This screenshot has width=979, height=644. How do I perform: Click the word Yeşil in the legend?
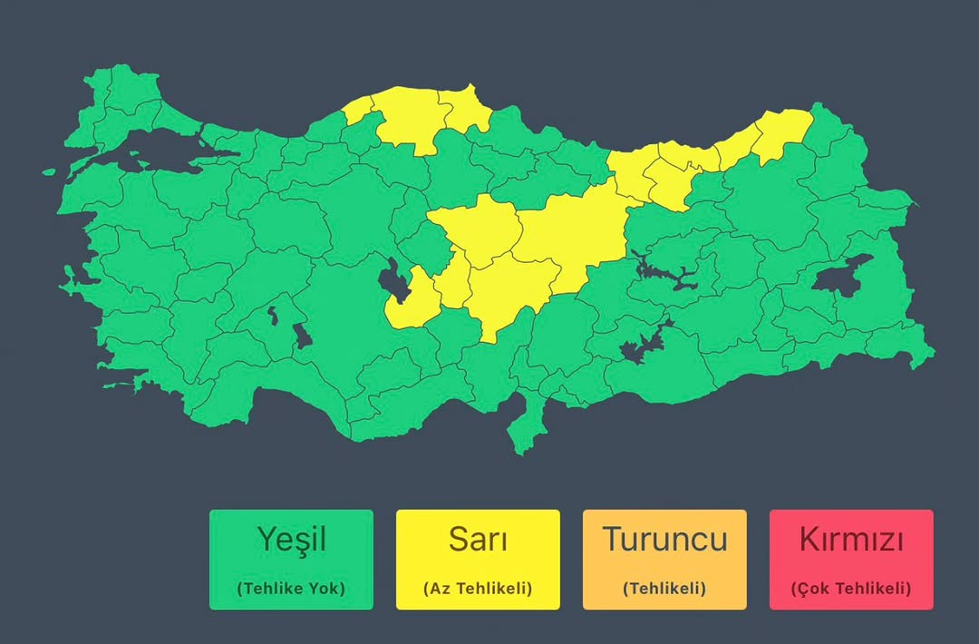coord(290,540)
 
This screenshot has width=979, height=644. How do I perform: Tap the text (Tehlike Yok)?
coord(290,588)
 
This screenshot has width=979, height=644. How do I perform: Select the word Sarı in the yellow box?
coord(478,540)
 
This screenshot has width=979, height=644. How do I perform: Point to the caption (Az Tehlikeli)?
coord(478,588)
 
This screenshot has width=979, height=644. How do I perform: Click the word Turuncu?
coord(664,540)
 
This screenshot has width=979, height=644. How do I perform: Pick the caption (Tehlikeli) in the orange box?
coord(664,588)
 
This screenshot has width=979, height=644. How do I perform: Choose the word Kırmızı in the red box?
coord(851,540)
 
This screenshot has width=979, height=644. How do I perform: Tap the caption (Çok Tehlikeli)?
coord(851,588)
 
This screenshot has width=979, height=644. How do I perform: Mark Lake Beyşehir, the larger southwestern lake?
coord(300,337)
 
